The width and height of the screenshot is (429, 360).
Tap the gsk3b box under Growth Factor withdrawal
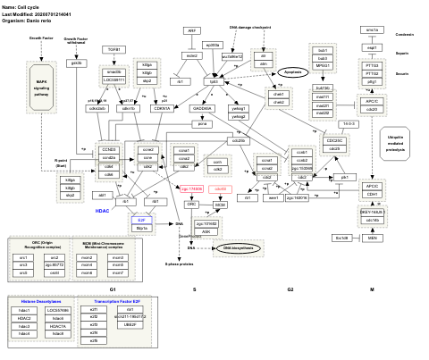[x=77, y=63]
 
